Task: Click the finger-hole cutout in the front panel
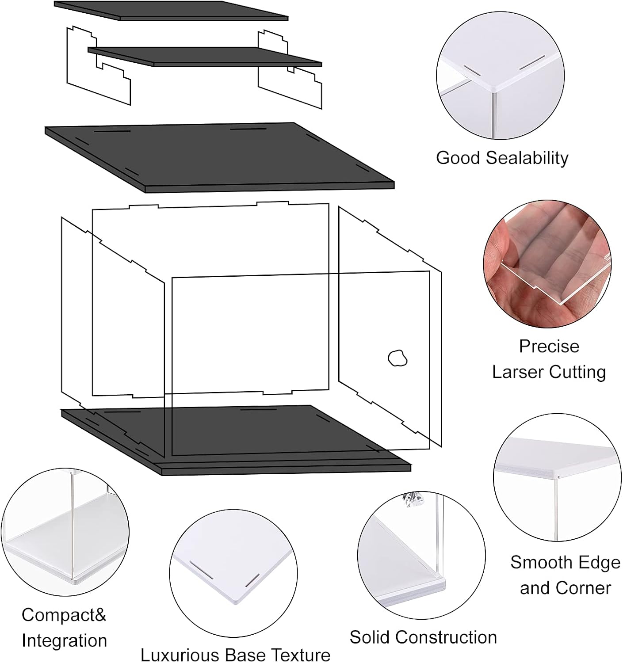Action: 397,358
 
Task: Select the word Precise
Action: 549,346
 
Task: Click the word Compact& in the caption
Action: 64,614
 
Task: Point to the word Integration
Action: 65,640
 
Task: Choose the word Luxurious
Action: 179,655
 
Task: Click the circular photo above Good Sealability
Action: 501,76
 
